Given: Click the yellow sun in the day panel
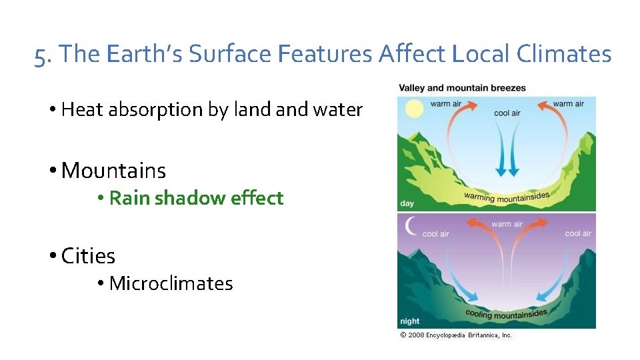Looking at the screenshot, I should click(x=415, y=109).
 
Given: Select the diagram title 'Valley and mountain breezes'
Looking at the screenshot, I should click(x=462, y=88).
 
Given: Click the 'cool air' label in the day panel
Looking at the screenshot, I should click(x=507, y=113).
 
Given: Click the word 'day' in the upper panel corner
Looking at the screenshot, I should click(x=407, y=203).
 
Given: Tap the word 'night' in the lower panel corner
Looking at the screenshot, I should click(x=410, y=321).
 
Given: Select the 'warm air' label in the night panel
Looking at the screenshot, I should click(x=507, y=224).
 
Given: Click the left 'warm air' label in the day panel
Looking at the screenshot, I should click(x=445, y=104).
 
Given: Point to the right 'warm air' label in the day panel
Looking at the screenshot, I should click(x=568, y=104).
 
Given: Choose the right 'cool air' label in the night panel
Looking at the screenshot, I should click(x=577, y=233).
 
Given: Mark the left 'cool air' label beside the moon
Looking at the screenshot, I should click(x=435, y=234).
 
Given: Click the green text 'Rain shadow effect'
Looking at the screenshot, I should click(x=196, y=198).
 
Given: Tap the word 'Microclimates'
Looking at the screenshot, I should click(x=171, y=283).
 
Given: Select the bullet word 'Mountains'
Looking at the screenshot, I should click(x=113, y=171).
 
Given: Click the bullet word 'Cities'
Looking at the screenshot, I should click(x=88, y=255).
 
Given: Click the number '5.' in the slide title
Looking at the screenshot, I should click(x=44, y=54).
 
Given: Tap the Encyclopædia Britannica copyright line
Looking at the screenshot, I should click(x=456, y=335).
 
